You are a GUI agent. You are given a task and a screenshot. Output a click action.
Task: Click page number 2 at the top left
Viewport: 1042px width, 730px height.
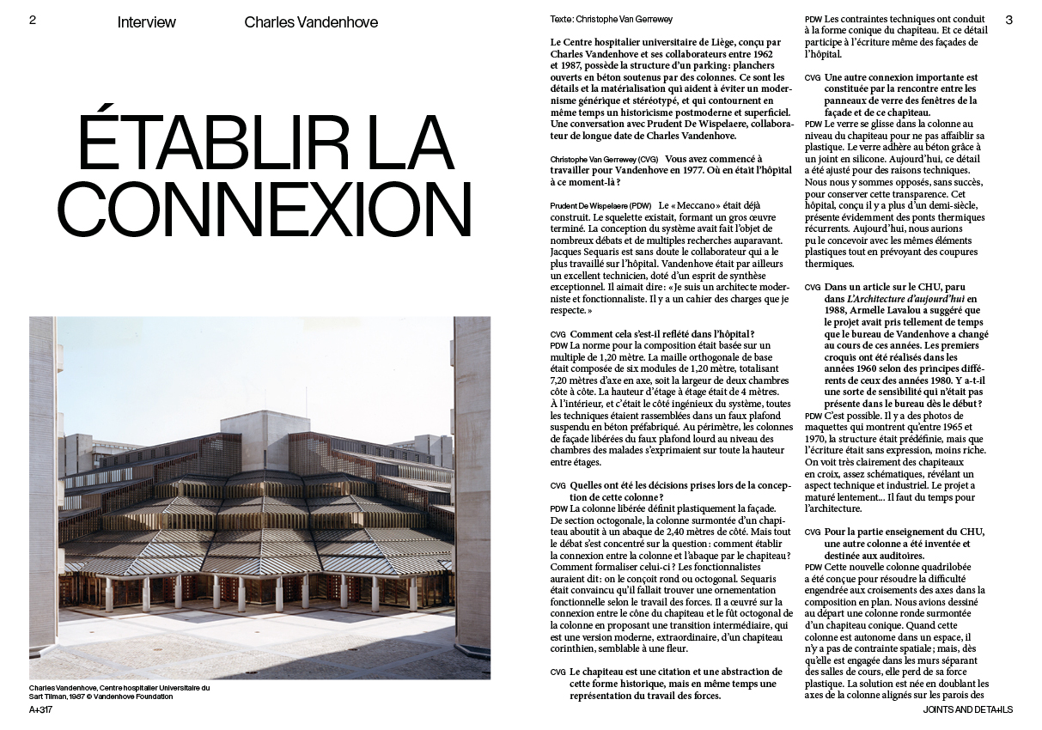33,21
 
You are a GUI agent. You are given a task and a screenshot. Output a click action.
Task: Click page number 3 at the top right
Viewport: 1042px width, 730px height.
1009,21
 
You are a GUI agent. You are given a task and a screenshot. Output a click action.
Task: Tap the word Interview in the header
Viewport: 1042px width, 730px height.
147,22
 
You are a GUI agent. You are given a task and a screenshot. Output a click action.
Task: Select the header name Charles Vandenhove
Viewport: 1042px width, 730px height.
311,22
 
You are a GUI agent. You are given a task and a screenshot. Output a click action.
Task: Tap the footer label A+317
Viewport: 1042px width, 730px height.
41,710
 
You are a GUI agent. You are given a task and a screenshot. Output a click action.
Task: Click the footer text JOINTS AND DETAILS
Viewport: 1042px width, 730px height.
968,710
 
